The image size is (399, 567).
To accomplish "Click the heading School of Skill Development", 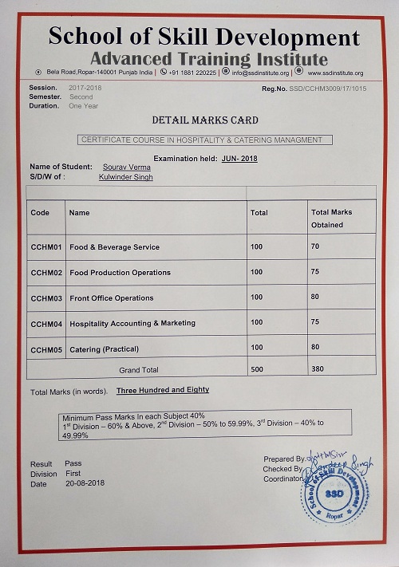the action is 203,37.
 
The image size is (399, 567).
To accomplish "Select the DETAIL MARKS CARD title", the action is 205,120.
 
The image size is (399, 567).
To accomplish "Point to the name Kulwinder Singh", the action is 126,177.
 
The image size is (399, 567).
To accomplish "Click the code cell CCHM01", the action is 46,247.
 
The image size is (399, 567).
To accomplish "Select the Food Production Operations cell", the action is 120,273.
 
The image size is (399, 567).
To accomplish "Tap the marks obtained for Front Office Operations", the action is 315,298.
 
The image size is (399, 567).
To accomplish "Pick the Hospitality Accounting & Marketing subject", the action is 132,324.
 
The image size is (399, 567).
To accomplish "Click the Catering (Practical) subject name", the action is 105,349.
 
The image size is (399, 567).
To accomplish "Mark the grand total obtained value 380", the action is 318,370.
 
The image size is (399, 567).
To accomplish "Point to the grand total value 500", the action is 257,370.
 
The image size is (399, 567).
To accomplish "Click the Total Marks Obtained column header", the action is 331,219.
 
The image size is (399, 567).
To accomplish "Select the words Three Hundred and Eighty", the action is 163,390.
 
